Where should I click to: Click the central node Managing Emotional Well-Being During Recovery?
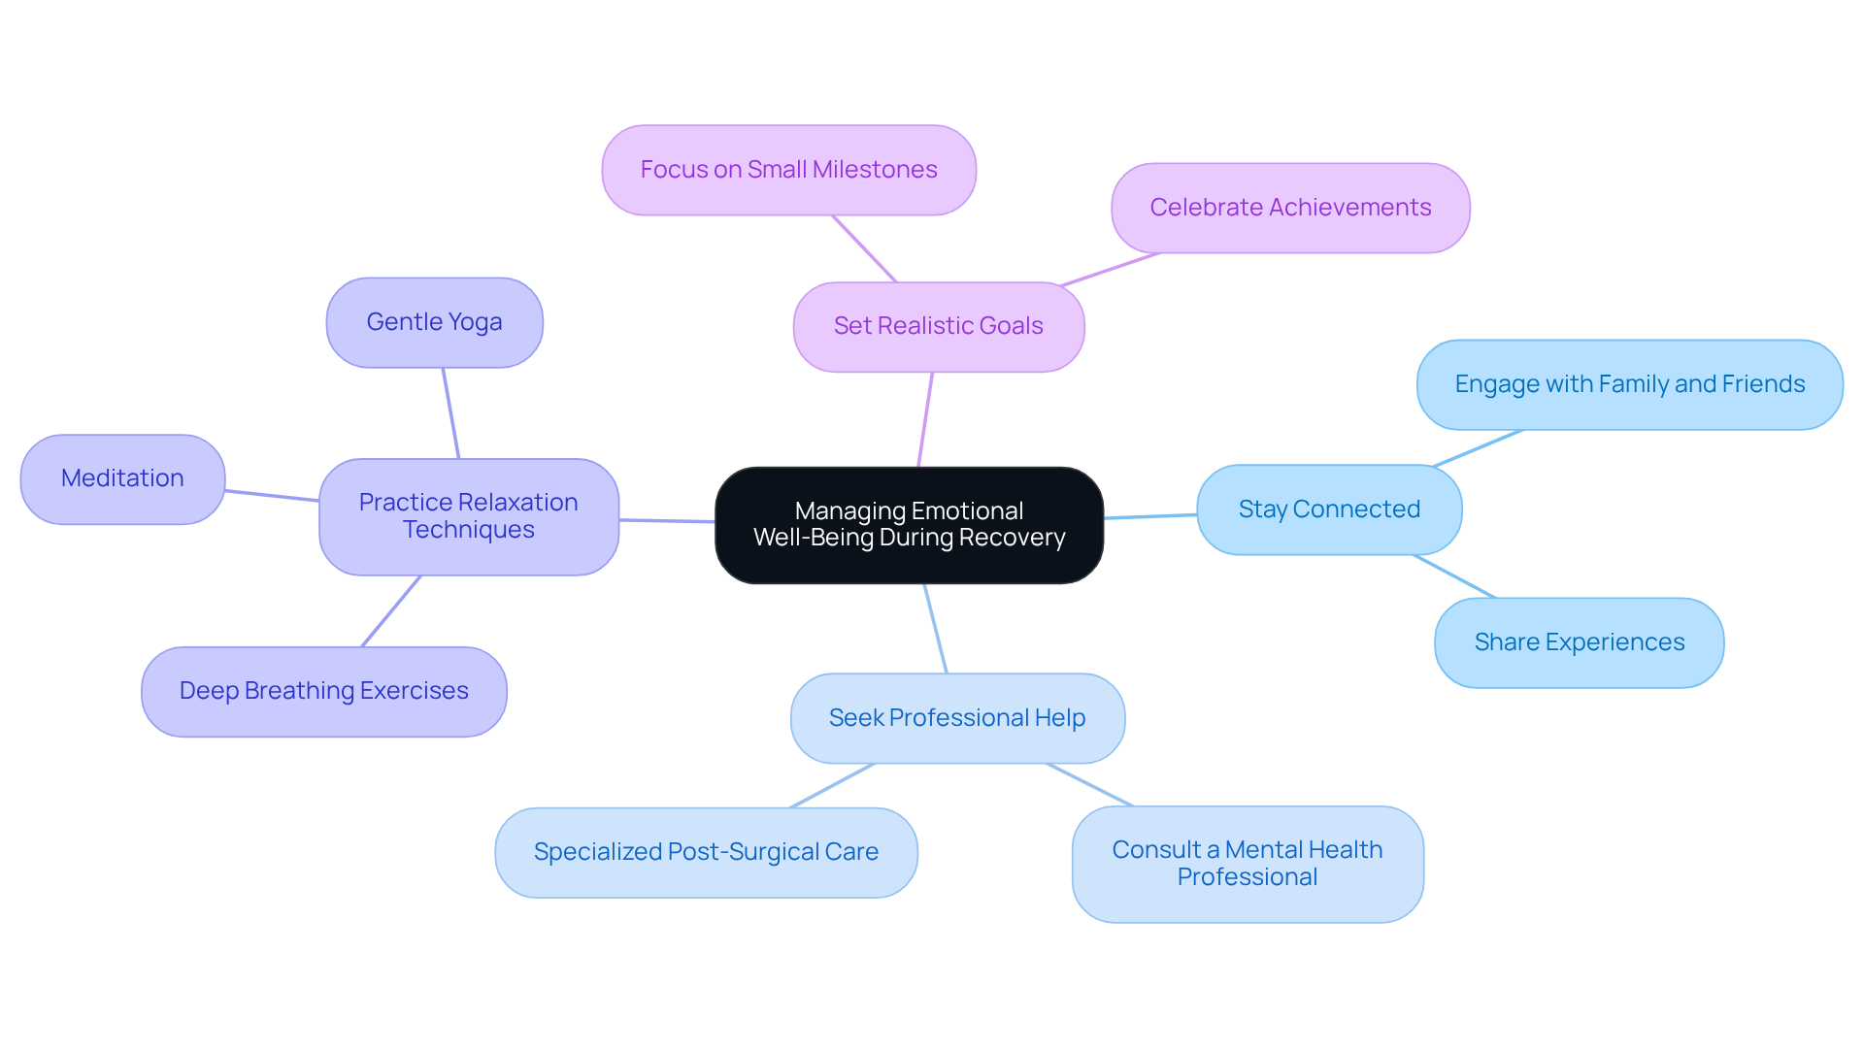click(909, 525)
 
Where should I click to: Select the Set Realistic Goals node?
click(938, 327)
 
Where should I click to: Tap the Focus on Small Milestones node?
click(788, 170)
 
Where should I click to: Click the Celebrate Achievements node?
click(1289, 208)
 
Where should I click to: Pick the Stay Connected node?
click(1328, 509)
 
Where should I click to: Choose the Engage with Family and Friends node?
click(1629, 384)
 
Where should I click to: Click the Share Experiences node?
click(1579, 642)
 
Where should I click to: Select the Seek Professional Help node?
click(957, 718)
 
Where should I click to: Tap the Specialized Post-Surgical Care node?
click(706, 852)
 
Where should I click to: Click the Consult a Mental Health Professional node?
click(1247, 864)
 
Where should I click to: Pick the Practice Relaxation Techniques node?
click(468, 516)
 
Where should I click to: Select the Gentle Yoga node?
click(434, 322)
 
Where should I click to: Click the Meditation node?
click(122, 478)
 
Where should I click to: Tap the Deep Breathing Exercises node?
click(323, 691)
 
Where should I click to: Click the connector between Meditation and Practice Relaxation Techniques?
click(272, 496)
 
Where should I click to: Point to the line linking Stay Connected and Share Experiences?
click(1454, 576)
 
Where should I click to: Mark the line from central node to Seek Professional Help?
click(935, 628)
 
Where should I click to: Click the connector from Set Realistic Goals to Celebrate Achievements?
click(1112, 269)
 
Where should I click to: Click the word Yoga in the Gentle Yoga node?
click(475, 322)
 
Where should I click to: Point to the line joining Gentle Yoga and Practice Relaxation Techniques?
click(450, 412)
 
